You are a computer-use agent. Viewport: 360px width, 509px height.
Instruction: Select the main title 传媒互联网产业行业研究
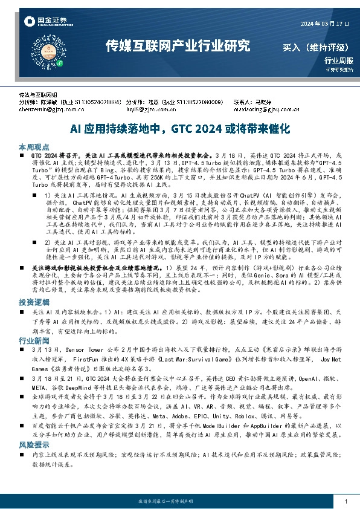tap(177, 46)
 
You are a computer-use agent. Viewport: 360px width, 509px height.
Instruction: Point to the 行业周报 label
tap(337, 60)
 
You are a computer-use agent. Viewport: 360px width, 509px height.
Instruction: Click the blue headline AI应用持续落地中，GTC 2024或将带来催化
tap(181, 129)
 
